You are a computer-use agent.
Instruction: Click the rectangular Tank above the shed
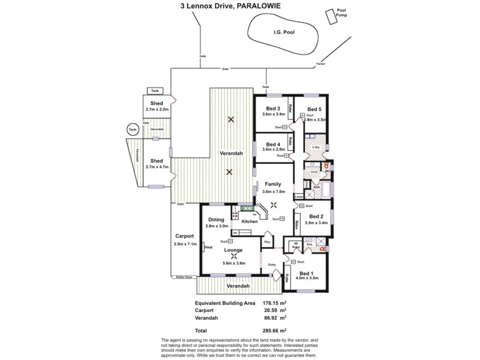pyautogui.click(x=155, y=91)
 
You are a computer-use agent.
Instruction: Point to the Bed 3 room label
pyautogui.click(x=274, y=109)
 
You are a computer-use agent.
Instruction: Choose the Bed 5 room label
pyautogui.click(x=314, y=109)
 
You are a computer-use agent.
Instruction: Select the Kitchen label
pyautogui.click(x=250, y=221)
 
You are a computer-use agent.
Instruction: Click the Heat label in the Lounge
pyautogui.click(x=208, y=247)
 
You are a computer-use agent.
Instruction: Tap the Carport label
pyautogui.click(x=184, y=236)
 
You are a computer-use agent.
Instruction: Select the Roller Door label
pyautogui.click(x=184, y=277)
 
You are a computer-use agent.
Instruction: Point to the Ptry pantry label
pyautogui.click(x=269, y=242)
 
